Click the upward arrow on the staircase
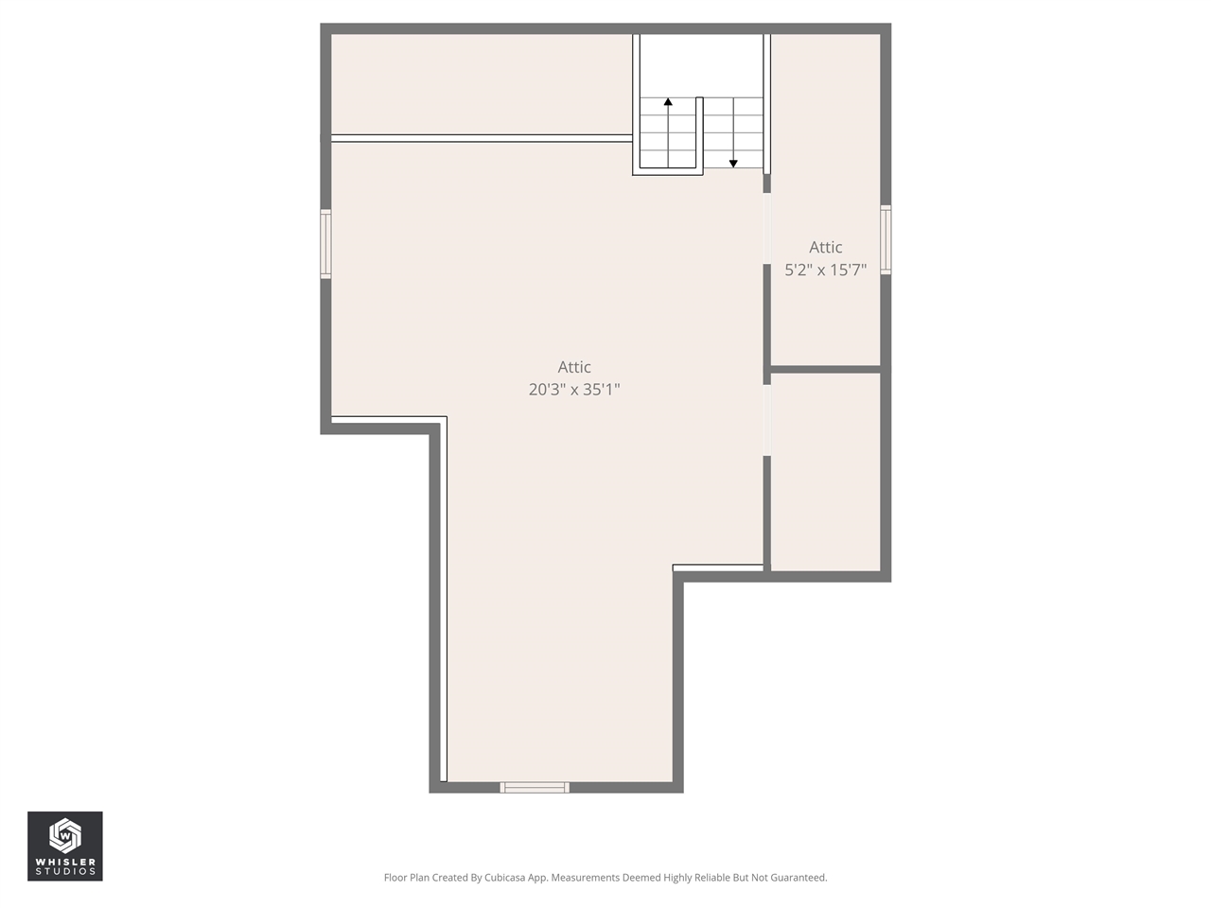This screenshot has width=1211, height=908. tap(668, 101)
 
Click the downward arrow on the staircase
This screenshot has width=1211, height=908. tap(733, 164)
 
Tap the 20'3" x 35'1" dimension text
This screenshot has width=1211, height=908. tap(574, 389)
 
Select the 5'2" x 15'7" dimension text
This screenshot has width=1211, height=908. tap(825, 270)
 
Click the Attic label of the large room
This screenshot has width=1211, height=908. tap(574, 367)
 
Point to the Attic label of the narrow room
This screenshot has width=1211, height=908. tap(825, 247)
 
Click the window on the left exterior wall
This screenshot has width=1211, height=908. tap(325, 244)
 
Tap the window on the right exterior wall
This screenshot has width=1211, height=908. tap(886, 240)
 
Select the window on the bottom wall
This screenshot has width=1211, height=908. tap(535, 787)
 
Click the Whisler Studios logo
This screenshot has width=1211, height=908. tap(64, 846)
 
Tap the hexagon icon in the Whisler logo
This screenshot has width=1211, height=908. tap(64, 834)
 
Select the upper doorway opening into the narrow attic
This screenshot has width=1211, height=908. tap(767, 229)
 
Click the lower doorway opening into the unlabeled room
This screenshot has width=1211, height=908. tap(767, 420)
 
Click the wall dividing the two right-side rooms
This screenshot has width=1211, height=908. tap(825, 369)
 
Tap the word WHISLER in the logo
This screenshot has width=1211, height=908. tap(64, 862)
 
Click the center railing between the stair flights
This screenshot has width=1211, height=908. tap(699, 132)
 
